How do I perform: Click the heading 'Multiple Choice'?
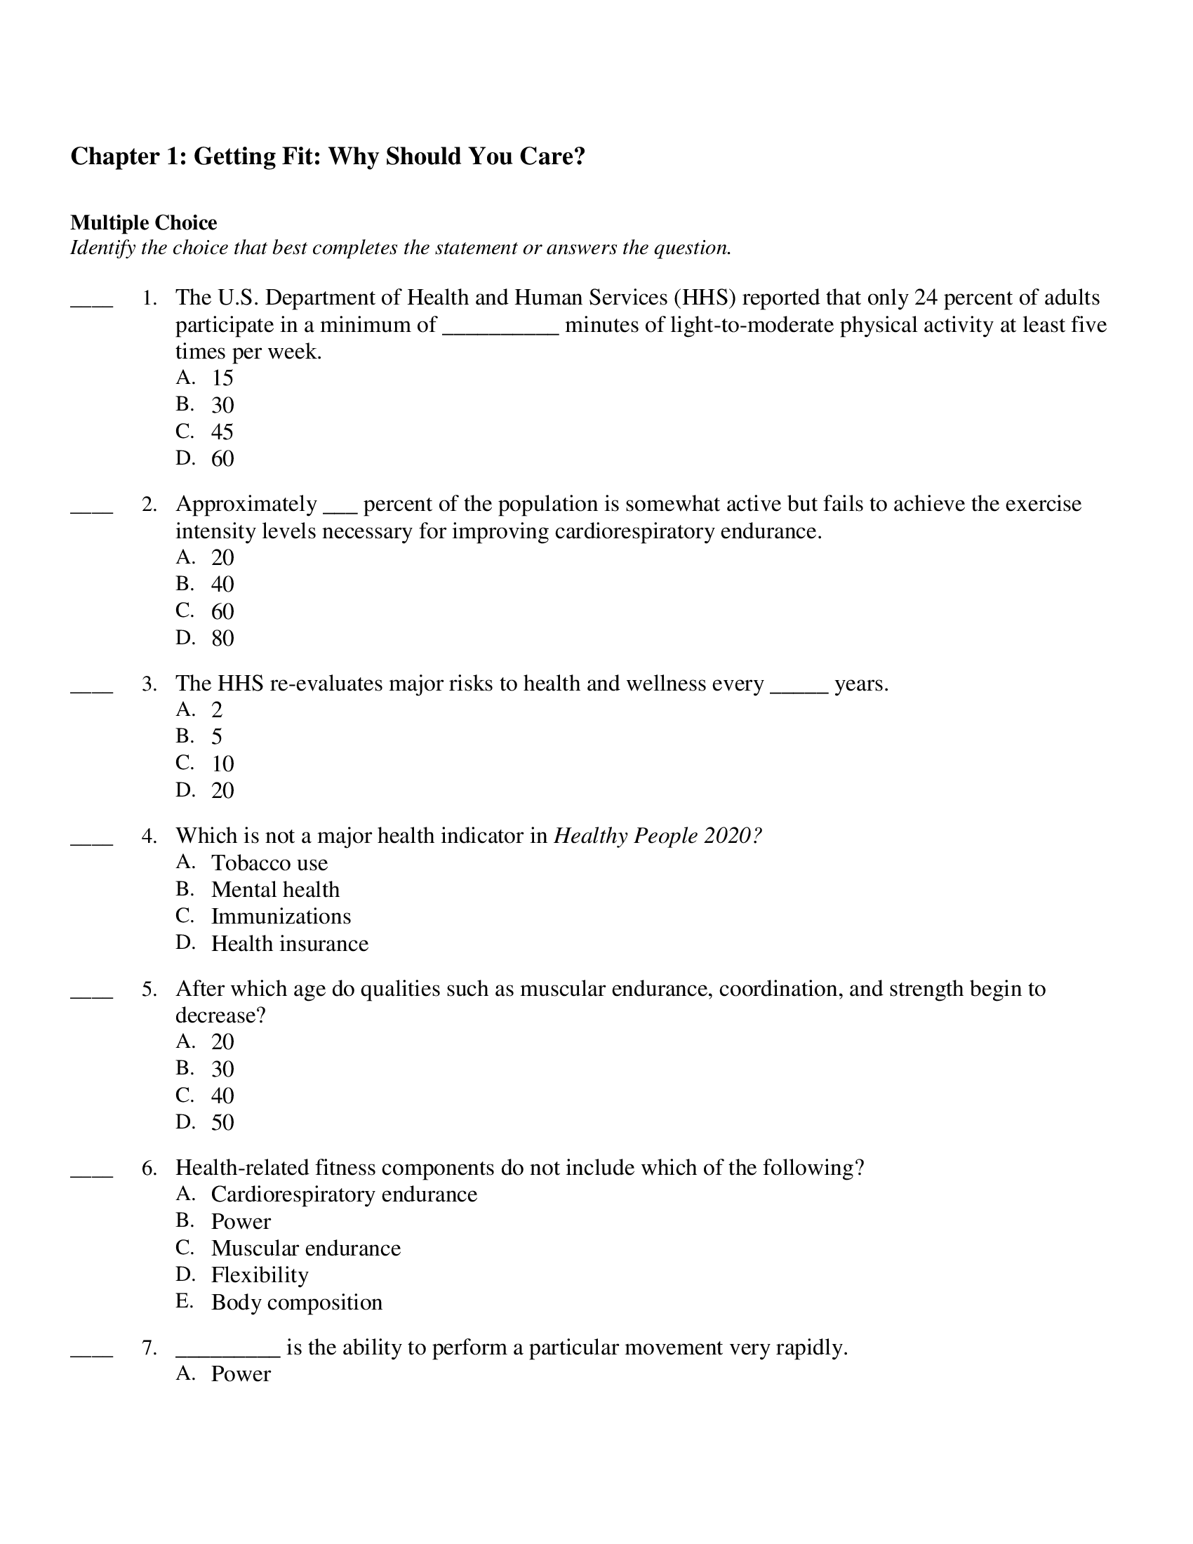pyautogui.click(x=143, y=222)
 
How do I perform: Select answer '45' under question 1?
pyautogui.click(x=222, y=432)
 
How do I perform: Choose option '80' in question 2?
pyautogui.click(x=222, y=639)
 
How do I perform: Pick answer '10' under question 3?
pyautogui.click(x=222, y=764)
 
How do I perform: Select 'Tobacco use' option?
pyautogui.click(x=269, y=863)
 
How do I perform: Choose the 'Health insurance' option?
pyautogui.click(x=290, y=944)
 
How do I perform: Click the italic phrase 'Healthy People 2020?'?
pyautogui.click(x=658, y=837)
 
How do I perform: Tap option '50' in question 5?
pyautogui.click(x=222, y=1123)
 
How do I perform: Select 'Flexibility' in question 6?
pyautogui.click(x=260, y=1275)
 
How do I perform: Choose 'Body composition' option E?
pyautogui.click(x=296, y=1302)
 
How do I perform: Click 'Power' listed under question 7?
pyautogui.click(x=241, y=1374)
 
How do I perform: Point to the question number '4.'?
pyautogui.click(x=149, y=837)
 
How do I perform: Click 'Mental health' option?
pyautogui.click(x=276, y=890)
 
